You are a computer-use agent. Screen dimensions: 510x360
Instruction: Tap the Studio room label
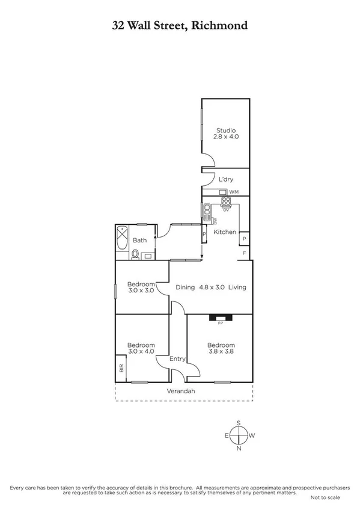pyautogui.click(x=225, y=130)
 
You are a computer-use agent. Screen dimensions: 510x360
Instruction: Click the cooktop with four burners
pyautogui.click(x=227, y=202)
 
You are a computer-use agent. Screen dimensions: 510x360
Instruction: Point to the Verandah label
pyautogui.click(x=181, y=392)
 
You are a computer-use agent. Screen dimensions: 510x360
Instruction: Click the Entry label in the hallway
pyautogui.click(x=177, y=359)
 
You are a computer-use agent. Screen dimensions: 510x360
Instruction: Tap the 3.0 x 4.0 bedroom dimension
pyautogui.click(x=141, y=352)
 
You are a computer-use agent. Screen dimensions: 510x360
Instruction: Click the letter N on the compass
pyautogui.click(x=239, y=448)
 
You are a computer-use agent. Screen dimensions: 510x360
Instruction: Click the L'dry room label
pyautogui.click(x=225, y=180)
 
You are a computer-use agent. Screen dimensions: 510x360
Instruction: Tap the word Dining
pyautogui.click(x=185, y=287)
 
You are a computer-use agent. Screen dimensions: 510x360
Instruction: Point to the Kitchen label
pyautogui.click(x=225, y=232)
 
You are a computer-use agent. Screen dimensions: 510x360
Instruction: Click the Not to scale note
pyautogui.click(x=325, y=498)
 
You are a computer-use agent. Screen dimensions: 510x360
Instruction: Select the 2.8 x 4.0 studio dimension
pyautogui.click(x=225, y=137)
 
